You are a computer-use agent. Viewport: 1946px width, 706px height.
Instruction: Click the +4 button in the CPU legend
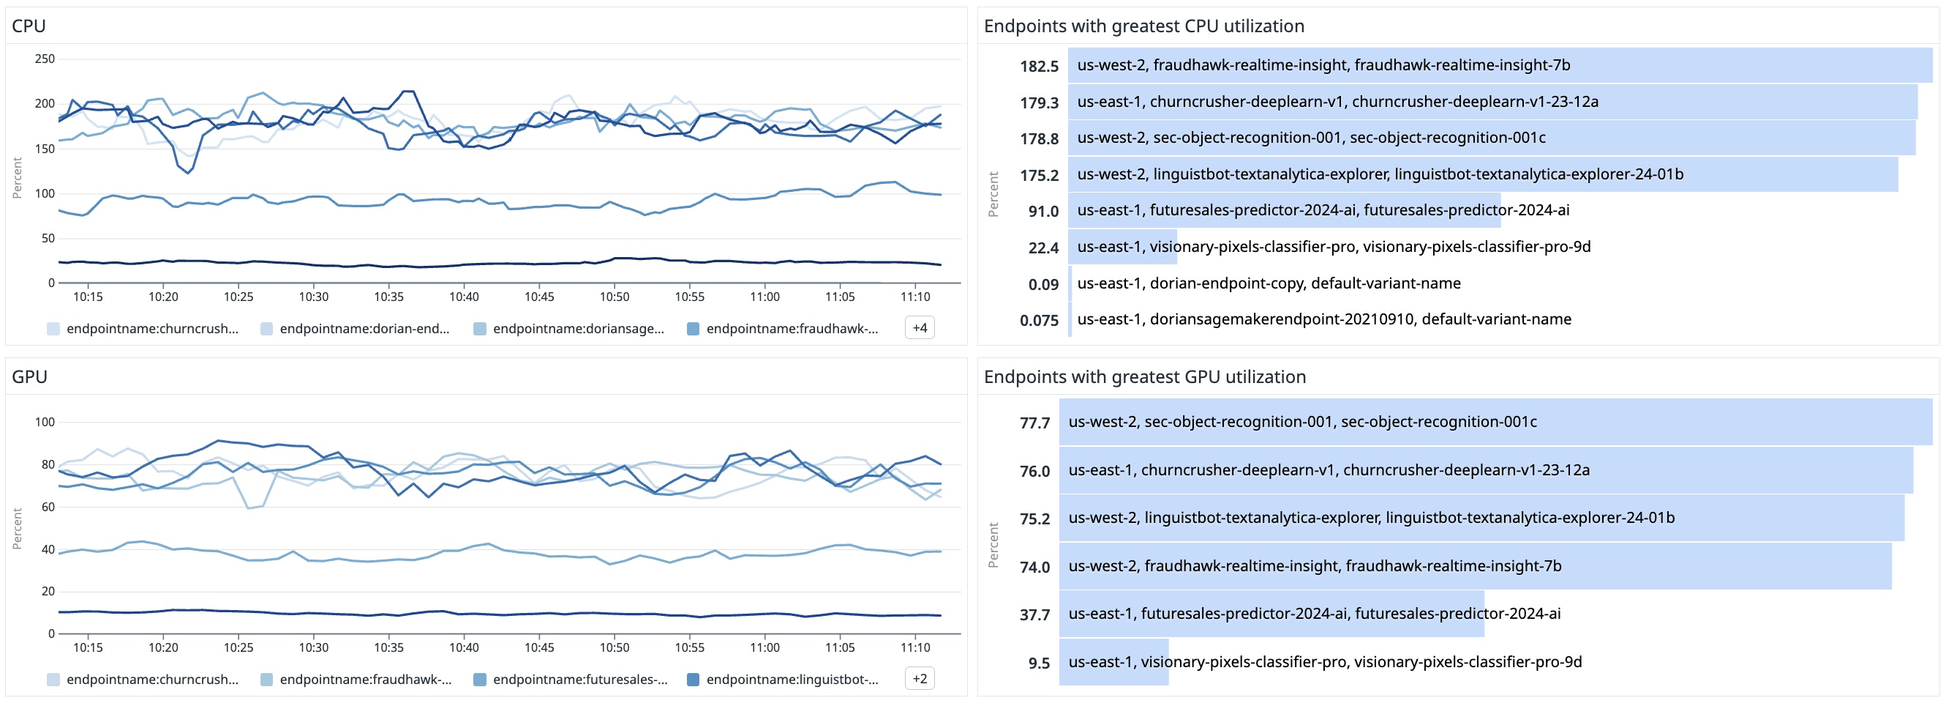[920, 328]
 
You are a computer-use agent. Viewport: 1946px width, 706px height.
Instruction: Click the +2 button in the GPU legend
[920, 679]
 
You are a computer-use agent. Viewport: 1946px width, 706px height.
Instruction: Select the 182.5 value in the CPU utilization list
[1039, 67]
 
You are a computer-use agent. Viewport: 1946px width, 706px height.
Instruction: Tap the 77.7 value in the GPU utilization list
[1034, 423]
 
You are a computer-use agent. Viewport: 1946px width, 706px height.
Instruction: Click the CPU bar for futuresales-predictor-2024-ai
[1283, 210]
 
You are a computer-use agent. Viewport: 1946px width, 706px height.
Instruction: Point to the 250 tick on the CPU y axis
[45, 59]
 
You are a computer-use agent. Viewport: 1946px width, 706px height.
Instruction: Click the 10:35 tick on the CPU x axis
[388, 297]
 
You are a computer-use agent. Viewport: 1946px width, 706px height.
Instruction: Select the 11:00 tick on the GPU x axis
[764, 648]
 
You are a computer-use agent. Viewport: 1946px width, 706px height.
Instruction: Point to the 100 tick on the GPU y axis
[45, 422]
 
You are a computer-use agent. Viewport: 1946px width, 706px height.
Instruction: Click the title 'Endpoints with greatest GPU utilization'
[1144, 377]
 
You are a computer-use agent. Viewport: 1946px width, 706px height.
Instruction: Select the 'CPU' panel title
[29, 26]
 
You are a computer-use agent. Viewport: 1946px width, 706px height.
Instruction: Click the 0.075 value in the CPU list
[1039, 321]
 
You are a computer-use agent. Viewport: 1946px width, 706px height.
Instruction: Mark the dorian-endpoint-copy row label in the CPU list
[1269, 283]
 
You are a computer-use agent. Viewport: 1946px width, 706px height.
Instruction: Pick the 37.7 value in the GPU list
[1034, 615]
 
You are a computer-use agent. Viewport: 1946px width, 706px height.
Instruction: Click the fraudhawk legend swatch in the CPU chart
[693, 329]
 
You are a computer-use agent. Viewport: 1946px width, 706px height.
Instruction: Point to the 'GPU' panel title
[29, 377]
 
